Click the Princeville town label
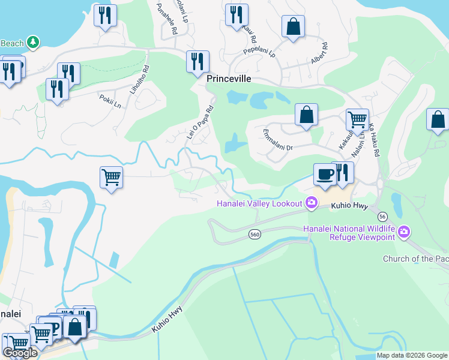[x=229, y=79]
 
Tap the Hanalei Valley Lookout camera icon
[x=312, y=203]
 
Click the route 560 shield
[x=255, y=236]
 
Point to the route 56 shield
[x=382, y=215]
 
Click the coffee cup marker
[x=325, y=174]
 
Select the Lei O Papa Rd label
[x=200, y=124]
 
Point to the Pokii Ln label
[x=110, y=101]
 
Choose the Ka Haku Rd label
[x=375, y=140]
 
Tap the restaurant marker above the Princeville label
[x=197, y=62]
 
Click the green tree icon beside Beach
[x=34, y=41]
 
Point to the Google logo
[x=20, y=353]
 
